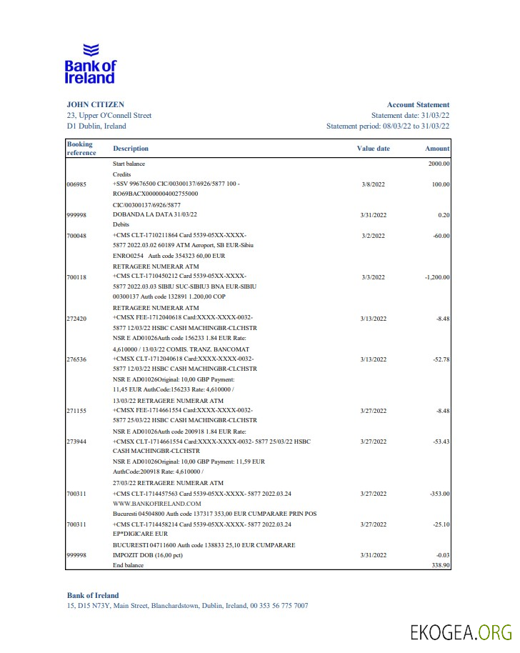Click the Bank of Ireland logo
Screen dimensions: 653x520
90,64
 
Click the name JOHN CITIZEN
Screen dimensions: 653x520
95,104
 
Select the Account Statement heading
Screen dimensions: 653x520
418,104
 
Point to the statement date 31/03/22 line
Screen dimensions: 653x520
410,115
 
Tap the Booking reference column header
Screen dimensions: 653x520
81,149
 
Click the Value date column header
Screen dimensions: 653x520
373,149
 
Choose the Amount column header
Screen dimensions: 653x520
437,149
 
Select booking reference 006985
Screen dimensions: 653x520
76,184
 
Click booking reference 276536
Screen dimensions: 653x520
76,359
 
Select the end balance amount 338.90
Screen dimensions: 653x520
439,565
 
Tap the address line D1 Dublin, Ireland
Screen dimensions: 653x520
96,126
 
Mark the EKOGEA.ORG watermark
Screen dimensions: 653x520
461,632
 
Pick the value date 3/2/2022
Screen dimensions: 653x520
374,236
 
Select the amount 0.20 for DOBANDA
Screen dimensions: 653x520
443,215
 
